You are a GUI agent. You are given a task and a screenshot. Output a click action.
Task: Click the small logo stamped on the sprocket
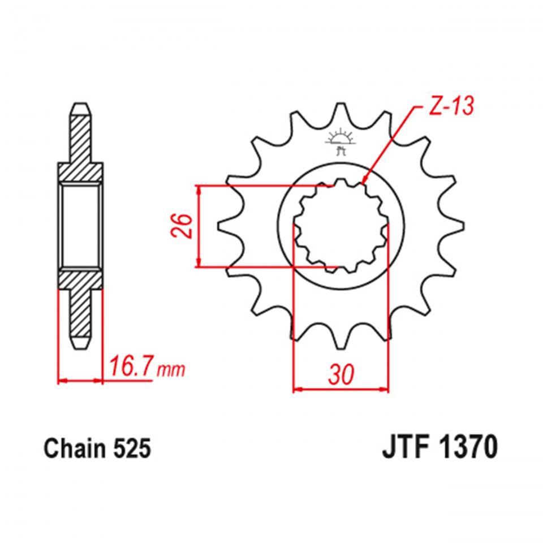(x=341, y=141)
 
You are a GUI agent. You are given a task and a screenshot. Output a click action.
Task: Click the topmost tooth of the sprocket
(x=341, y=110)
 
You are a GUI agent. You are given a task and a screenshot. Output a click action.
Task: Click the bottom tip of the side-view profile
(x=80, y=346)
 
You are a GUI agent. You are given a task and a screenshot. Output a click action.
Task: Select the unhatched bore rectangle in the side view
(x=80, y=226)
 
